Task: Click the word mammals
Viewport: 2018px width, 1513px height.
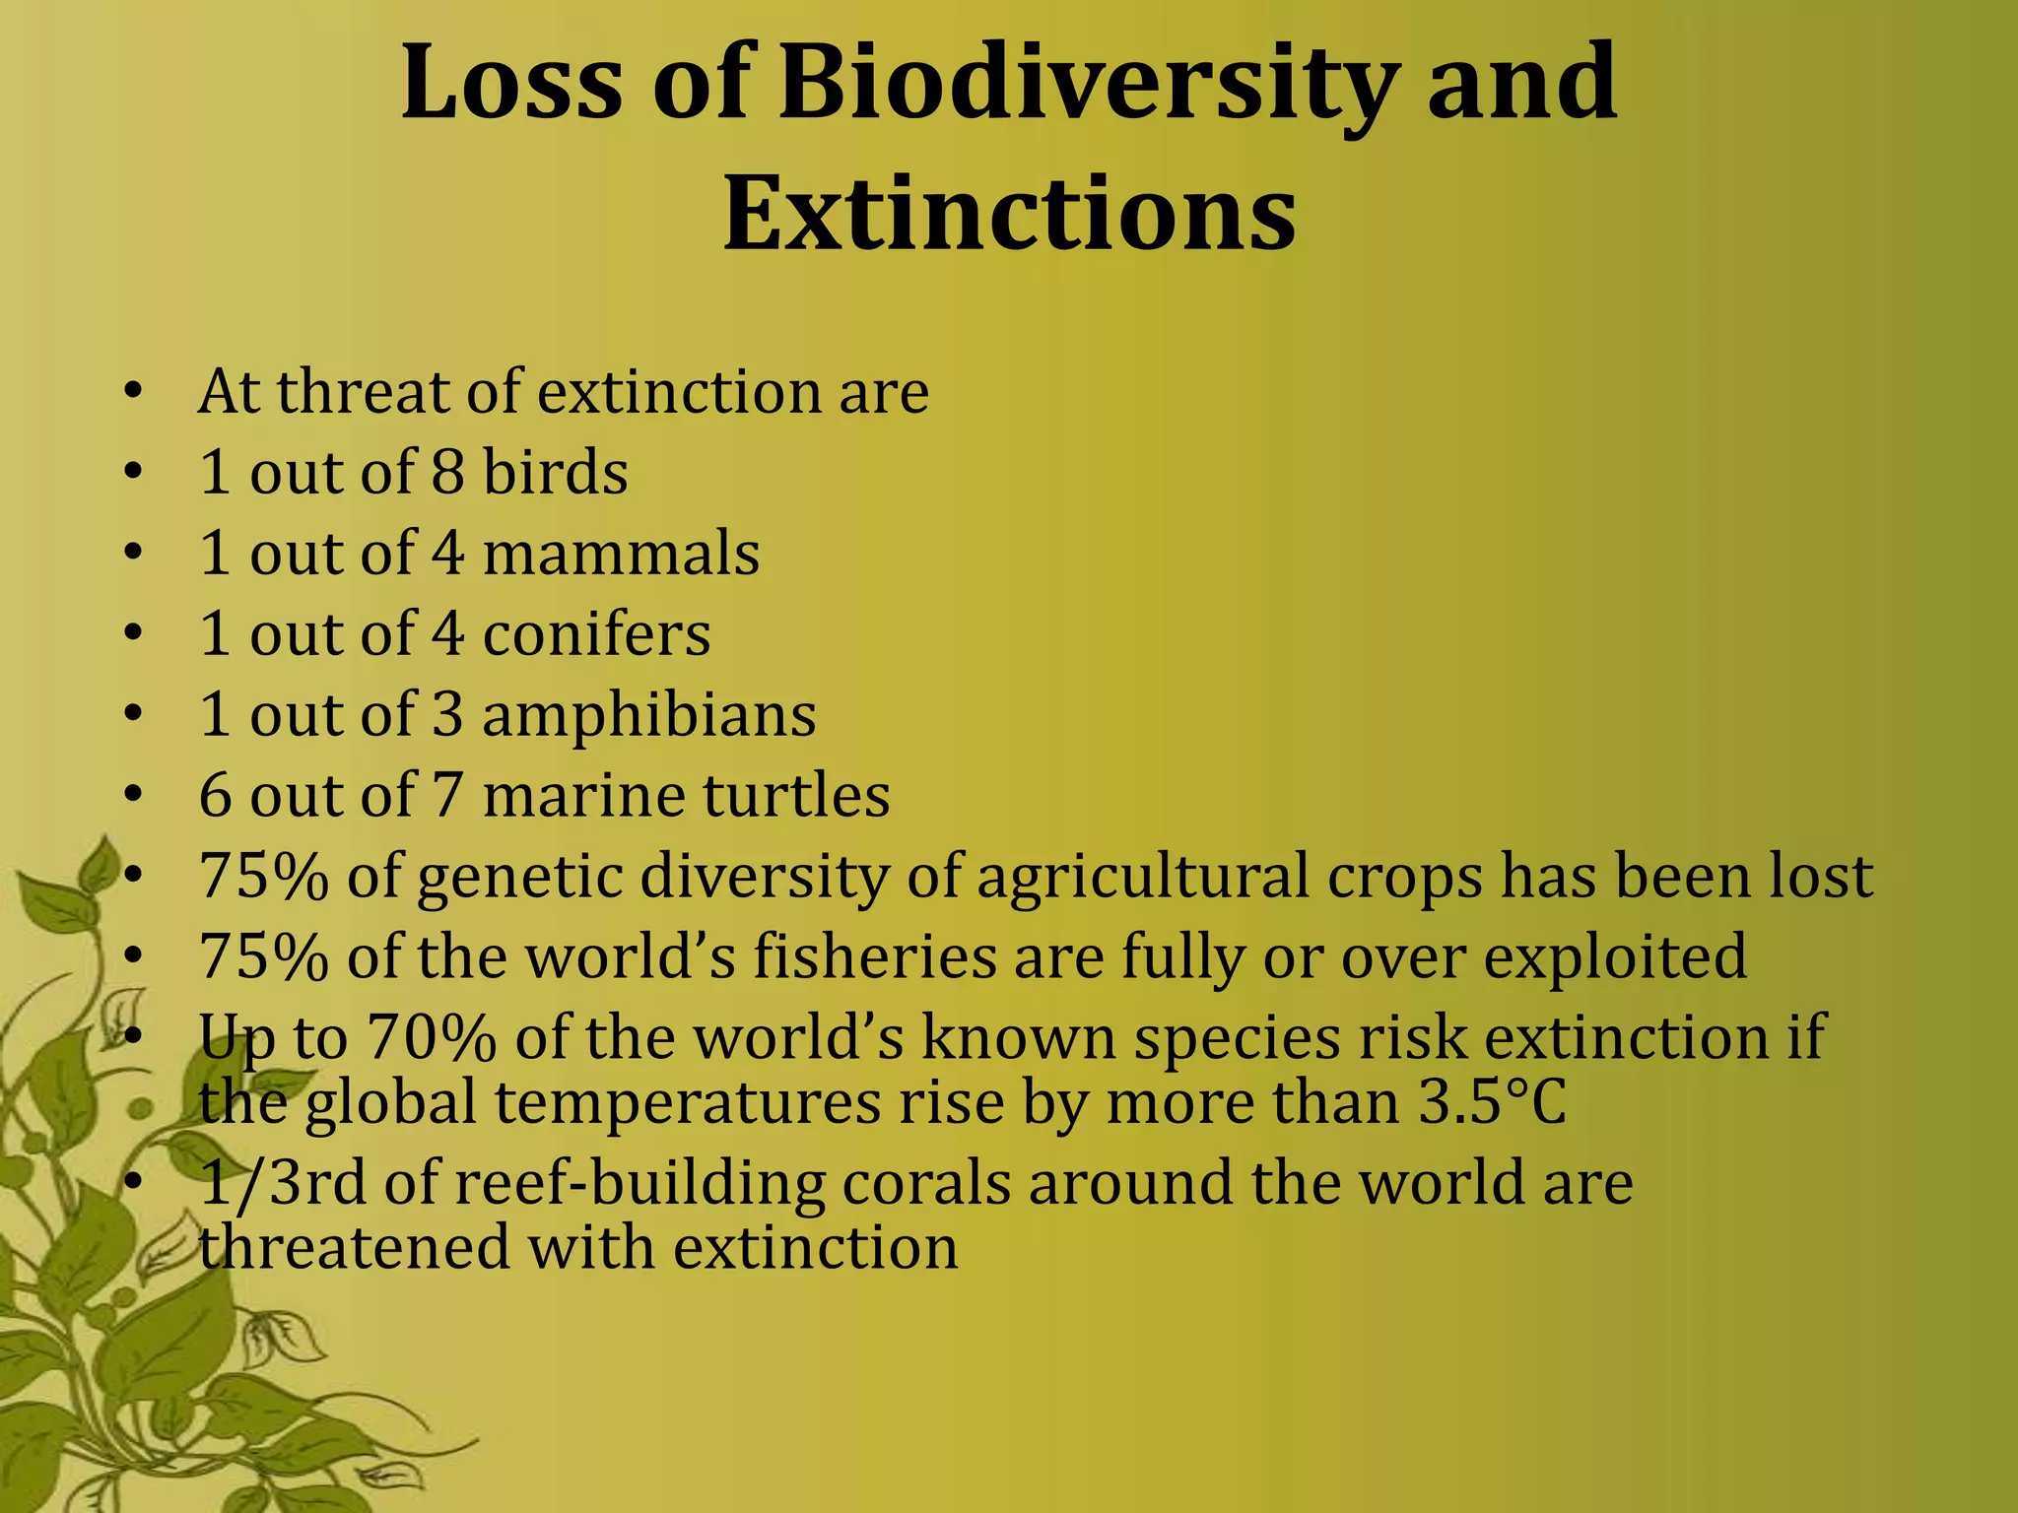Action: tap(621, 554)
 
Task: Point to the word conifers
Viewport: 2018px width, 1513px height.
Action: tap(596, 634)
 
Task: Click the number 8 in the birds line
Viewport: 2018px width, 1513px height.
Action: tap(447, 473)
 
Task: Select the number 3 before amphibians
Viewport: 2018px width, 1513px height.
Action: tap(447, 715)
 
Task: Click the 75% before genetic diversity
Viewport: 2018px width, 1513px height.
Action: tap(263, 877)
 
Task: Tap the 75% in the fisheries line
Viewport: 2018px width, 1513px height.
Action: tap(263, 957)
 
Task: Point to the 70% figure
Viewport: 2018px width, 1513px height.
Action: tap(432, 1038)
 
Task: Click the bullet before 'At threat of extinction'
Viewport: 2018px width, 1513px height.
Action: tap(134, 394)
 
